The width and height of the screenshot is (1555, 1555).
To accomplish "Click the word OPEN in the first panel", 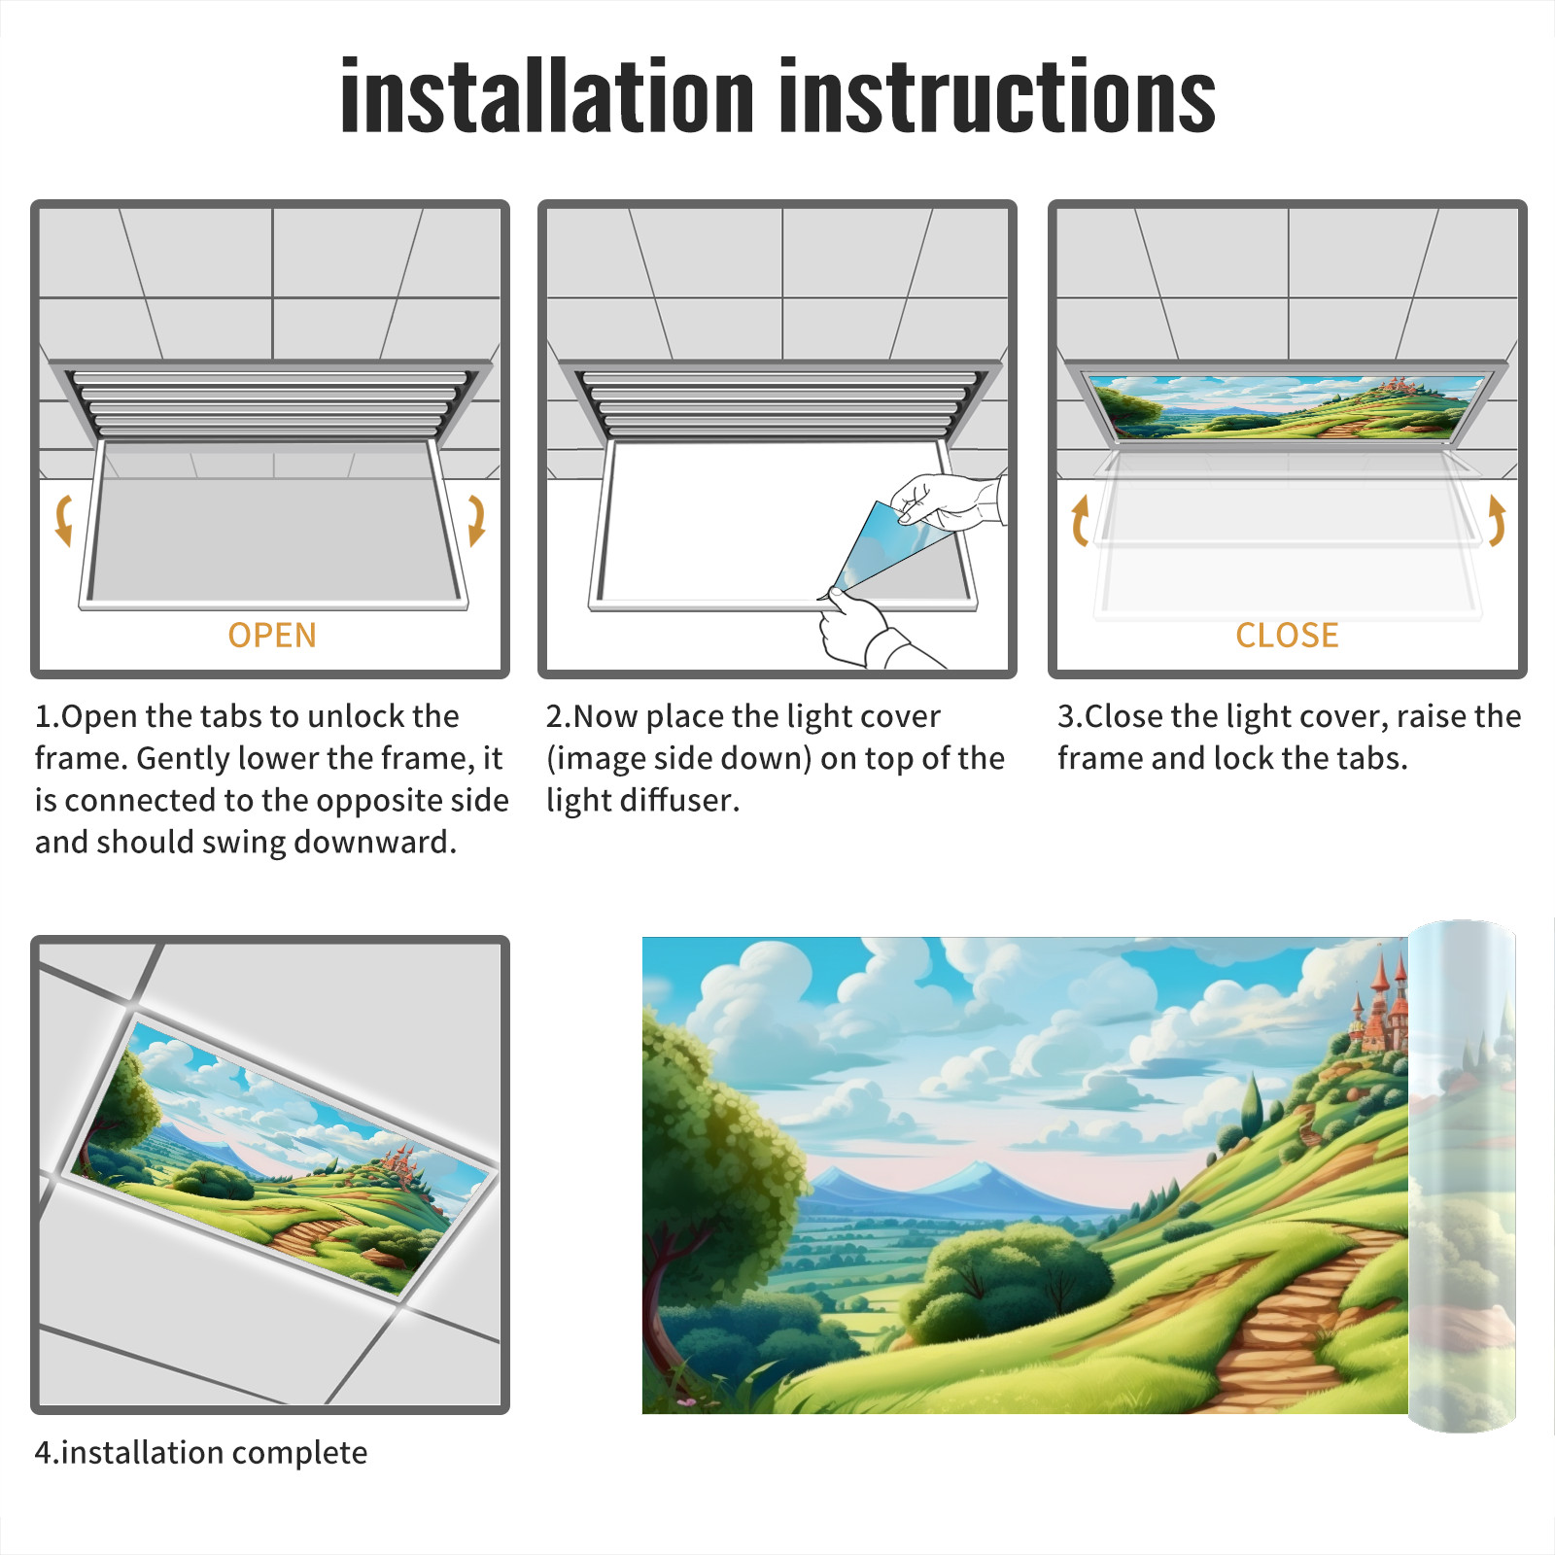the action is tap(272, 636).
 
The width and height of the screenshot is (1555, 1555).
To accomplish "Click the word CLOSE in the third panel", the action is tap(1287, 636).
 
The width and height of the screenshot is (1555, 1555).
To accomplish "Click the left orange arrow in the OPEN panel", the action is tap(64, 520).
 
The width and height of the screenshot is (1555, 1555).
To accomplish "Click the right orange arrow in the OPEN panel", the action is tap(476, 520).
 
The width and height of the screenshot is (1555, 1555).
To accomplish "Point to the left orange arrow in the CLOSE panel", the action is tap(1080, 520).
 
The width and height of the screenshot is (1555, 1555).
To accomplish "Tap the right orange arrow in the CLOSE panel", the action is tap(1497, 520).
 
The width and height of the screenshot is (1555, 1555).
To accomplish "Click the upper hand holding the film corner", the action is tap(948, 501).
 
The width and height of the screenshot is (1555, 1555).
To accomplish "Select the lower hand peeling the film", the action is tap(865, 632).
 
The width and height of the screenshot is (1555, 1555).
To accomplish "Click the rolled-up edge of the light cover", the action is tap(1462, 1176).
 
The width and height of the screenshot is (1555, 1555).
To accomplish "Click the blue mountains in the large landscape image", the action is tap(933, 1191).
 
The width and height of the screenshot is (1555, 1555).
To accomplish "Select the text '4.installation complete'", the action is tap(201, 1452).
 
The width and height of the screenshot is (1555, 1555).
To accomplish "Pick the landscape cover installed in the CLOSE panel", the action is tap(1288, 406).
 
